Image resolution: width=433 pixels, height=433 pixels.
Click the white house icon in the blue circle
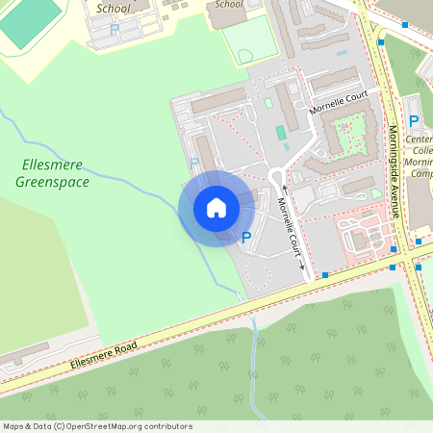[x=216, y=208]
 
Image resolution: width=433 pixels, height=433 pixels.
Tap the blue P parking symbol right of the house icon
[x=246, y=237]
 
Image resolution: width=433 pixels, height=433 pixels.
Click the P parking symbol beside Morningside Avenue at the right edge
[x=414, y=121]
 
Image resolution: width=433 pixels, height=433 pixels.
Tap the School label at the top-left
[x=114, y=8]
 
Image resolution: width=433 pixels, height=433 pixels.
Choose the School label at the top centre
[x=229, y=4]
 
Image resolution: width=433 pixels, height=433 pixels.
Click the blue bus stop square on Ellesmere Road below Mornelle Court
[x=325, y=276]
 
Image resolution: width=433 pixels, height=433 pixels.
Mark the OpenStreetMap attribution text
[x=97, y=426]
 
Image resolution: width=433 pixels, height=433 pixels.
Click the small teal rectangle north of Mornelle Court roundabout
[x=281, y=132]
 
